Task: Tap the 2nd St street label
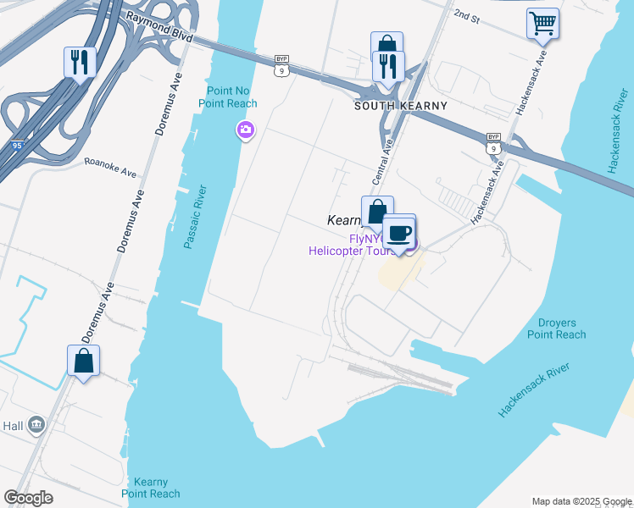coord(466,15)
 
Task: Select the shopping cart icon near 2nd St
coord(542,23)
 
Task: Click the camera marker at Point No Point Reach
coord(245,130)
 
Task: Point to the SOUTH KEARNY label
coord(400,106)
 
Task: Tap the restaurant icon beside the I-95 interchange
coord(80,62)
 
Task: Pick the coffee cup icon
coord(399,233)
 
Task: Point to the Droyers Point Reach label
coord(556,329)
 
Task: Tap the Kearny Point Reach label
coord(151,487)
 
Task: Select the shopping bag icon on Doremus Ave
coord(83,360)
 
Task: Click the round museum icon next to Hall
coord(36,425)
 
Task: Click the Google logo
coord(29,497)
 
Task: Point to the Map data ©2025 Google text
coord(581,500)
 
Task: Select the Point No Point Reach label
coord(228,97)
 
